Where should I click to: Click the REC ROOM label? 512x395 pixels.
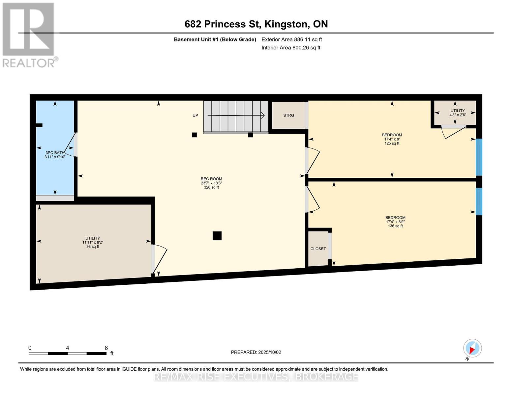211,179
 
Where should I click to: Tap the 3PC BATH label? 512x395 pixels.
55,153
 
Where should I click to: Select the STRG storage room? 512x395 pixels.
288,115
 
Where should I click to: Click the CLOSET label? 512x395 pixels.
318,249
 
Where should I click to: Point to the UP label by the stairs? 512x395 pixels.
195,116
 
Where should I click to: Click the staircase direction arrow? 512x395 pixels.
236,116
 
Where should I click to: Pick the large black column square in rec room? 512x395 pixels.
217,236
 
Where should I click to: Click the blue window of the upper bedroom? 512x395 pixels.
479,157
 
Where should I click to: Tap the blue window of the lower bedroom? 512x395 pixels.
479,201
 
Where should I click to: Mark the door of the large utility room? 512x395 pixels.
160,259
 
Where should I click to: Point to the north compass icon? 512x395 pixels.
472,348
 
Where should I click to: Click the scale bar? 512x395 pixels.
68,354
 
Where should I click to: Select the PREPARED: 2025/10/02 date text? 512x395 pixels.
256,352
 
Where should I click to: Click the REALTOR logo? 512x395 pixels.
29,35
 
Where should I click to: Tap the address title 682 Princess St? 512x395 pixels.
256,24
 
